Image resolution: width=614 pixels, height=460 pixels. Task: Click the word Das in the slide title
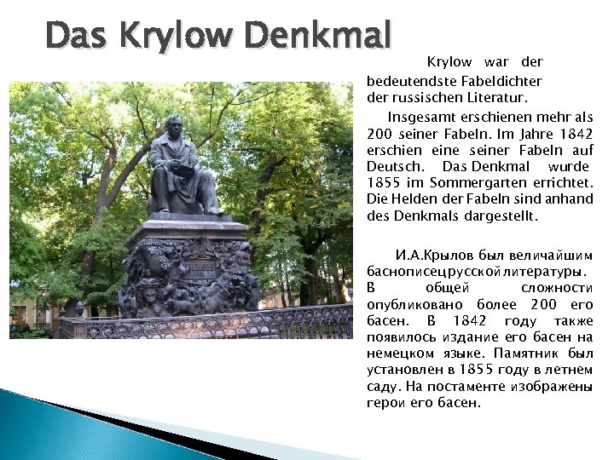(x=77, y=37)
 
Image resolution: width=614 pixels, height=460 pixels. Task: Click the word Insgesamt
(x=427, y=117)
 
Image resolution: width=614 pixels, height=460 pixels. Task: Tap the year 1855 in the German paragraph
(x=382, y=183)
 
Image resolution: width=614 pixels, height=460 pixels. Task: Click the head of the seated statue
(x=175, y=124)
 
